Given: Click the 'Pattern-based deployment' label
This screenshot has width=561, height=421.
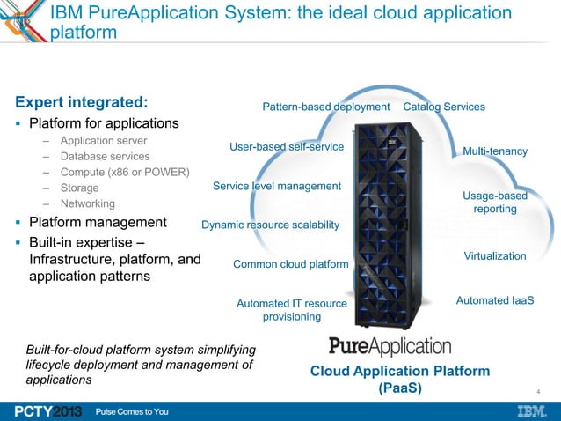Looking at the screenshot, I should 325,107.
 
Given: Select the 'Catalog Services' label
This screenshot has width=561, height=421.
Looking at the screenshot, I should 443,107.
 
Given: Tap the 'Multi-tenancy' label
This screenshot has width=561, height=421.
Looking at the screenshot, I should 495,152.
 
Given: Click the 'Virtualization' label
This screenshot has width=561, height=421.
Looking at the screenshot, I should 494,256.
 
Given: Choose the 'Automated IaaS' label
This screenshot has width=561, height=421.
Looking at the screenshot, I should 495,301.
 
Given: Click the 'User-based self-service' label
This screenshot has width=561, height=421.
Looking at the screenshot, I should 286,146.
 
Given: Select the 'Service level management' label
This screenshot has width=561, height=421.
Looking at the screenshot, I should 276,187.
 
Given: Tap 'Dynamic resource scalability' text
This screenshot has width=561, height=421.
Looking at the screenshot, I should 270,225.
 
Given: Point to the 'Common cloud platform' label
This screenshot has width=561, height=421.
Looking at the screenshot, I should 290,264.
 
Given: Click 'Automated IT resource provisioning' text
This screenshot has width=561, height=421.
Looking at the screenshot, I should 292,310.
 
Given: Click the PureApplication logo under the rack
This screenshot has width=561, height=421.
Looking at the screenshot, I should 390,345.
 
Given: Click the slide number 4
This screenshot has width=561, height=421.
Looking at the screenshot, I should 537,390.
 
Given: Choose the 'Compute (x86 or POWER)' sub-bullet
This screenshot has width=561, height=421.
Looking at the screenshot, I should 124,172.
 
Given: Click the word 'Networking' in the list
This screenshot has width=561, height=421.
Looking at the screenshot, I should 88,203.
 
